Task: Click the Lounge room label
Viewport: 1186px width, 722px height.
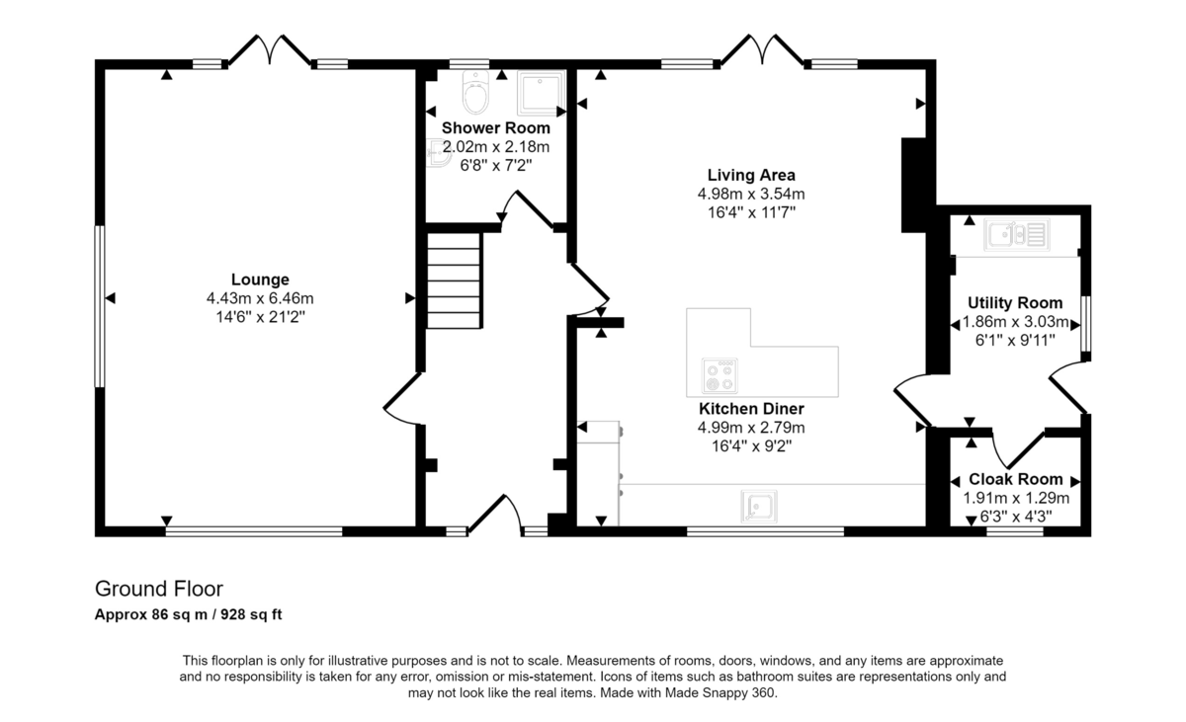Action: [260, 280]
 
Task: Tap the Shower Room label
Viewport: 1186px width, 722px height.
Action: [495, 128]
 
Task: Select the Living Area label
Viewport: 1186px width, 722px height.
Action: [751, 175]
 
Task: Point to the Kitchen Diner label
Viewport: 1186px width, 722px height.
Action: [751, 408]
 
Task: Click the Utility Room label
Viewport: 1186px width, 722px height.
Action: [1015, 302]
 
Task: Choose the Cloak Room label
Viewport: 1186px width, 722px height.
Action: [1016, 479]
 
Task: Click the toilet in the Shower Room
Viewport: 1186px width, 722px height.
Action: [475, 92]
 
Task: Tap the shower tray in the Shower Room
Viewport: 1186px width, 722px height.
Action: [540, 93]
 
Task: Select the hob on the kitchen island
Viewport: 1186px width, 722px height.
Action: [720, 375]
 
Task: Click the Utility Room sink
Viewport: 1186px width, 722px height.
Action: [1017, 235]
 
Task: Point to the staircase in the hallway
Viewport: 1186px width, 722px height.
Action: [455, 281]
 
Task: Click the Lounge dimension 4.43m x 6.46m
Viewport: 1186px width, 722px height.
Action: [260, 298]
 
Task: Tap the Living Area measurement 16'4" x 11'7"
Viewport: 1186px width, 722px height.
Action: [751, 212]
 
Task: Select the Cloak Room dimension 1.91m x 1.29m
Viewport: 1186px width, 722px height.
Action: [1016, 498]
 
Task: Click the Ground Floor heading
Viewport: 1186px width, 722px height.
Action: [159, 589]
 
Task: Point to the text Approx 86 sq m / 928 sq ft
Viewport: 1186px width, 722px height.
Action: [188, 614]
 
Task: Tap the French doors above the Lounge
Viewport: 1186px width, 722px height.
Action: [270, 49]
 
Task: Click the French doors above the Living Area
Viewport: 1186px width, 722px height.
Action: [762, 49]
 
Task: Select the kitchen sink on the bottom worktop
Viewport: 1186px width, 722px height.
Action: [759, 507]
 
